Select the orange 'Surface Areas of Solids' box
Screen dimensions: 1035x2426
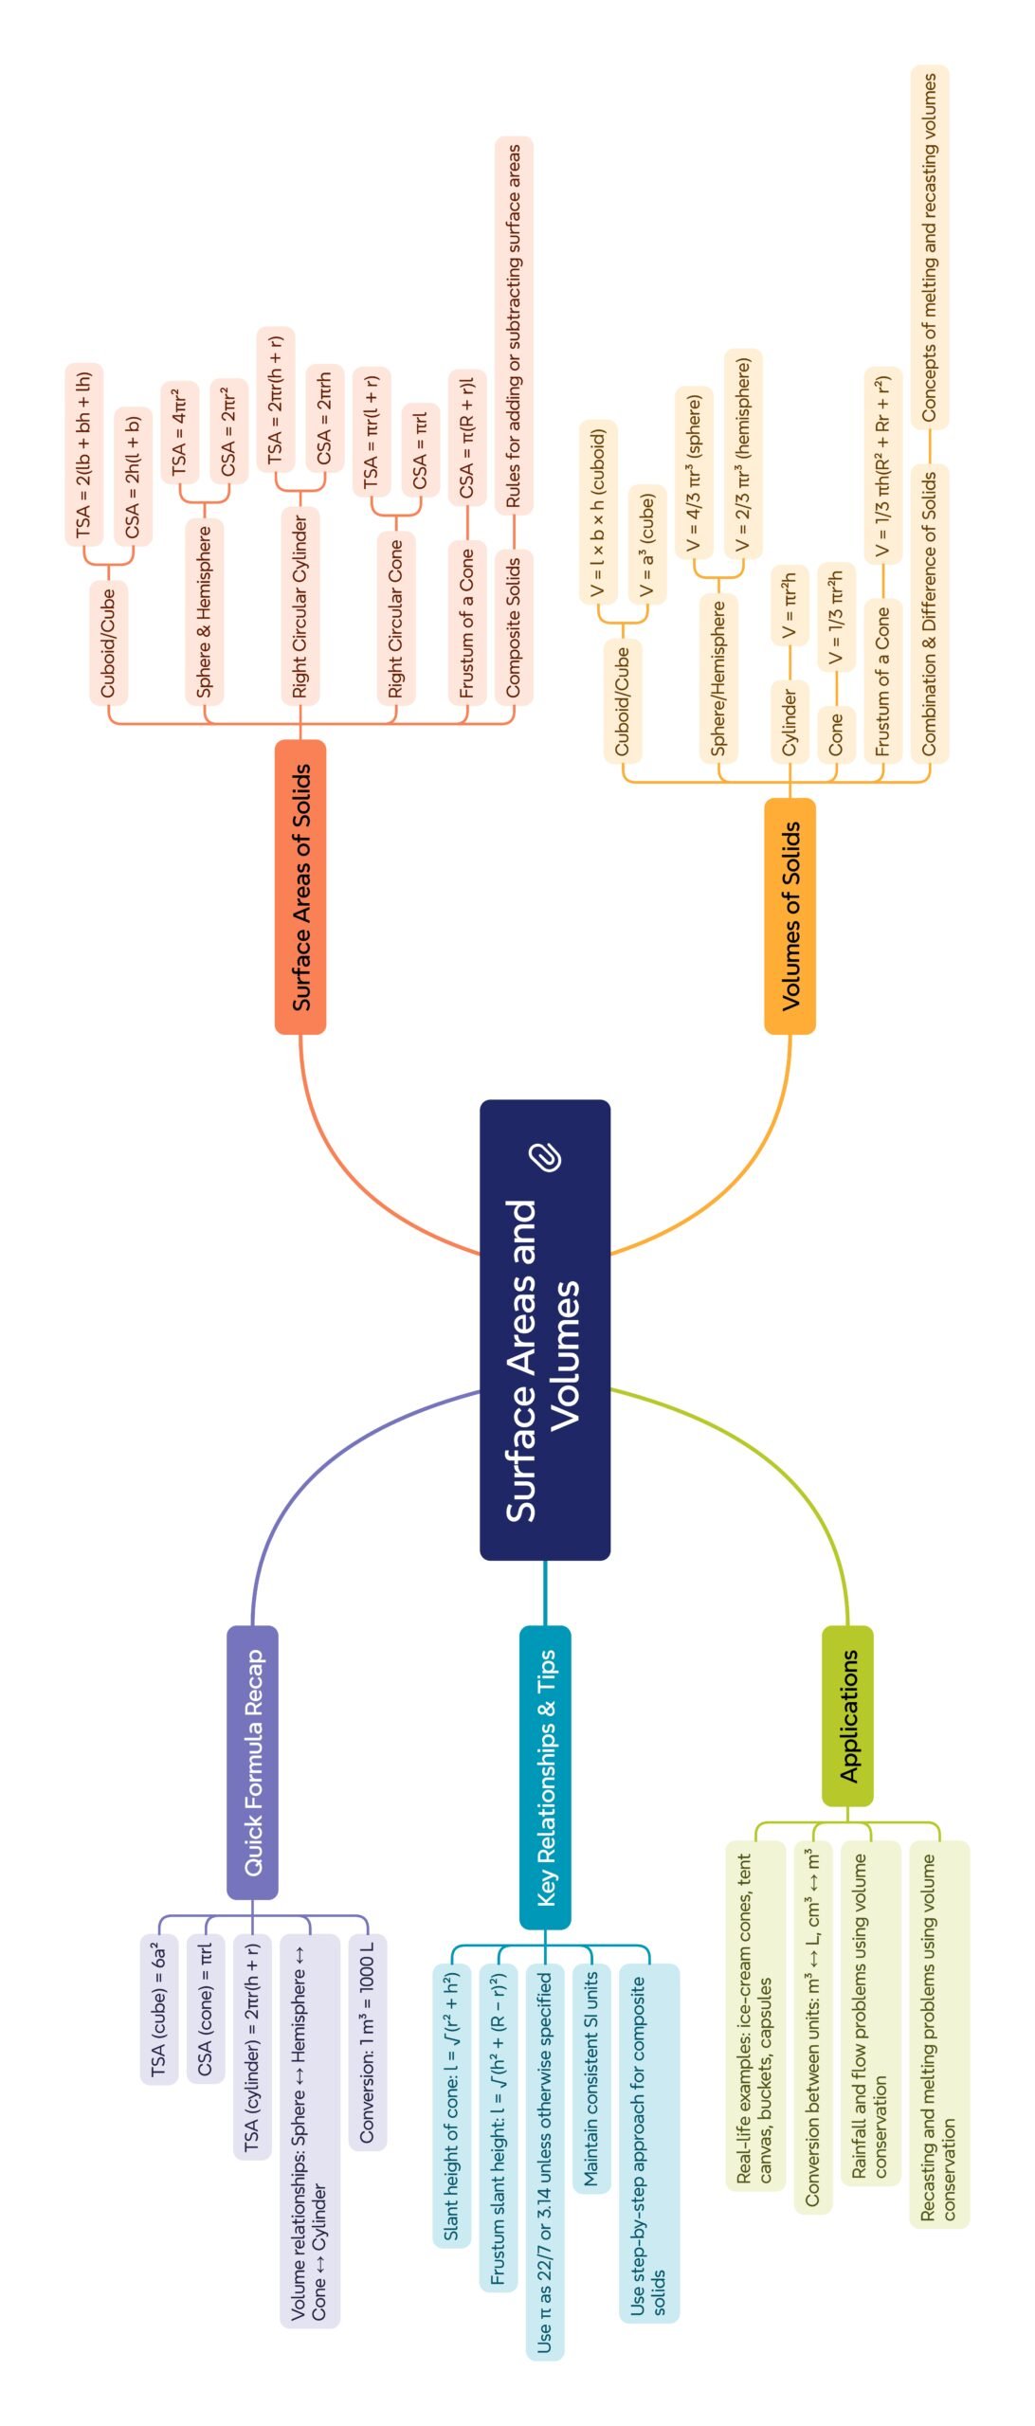pyautogui.click(x=300, y=887)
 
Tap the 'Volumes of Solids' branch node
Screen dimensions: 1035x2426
pyautogui.click(x=790, y=915)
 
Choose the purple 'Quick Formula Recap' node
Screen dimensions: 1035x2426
pyautogui.click(x=252, y=1763)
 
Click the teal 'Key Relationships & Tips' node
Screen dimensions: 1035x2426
pyautogui.click(x=545, y=1777)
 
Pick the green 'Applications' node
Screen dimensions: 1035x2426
pyautogui.click(x=847, y=1716)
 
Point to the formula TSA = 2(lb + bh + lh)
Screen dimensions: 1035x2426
pyautogui.click(x=84, y=454)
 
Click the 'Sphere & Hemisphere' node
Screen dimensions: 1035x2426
pyautogui.click(x=205, y=611)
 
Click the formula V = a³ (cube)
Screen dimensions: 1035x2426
pyautogui.click(x=647, y=544)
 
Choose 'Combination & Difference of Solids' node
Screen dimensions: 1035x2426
pyautogui.click(x=930, y=612)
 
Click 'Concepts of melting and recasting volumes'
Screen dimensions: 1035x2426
pyautogui.click(x=930, y=246)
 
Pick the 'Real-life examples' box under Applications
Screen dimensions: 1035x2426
pyautogui.click(x=755, y=2017)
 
